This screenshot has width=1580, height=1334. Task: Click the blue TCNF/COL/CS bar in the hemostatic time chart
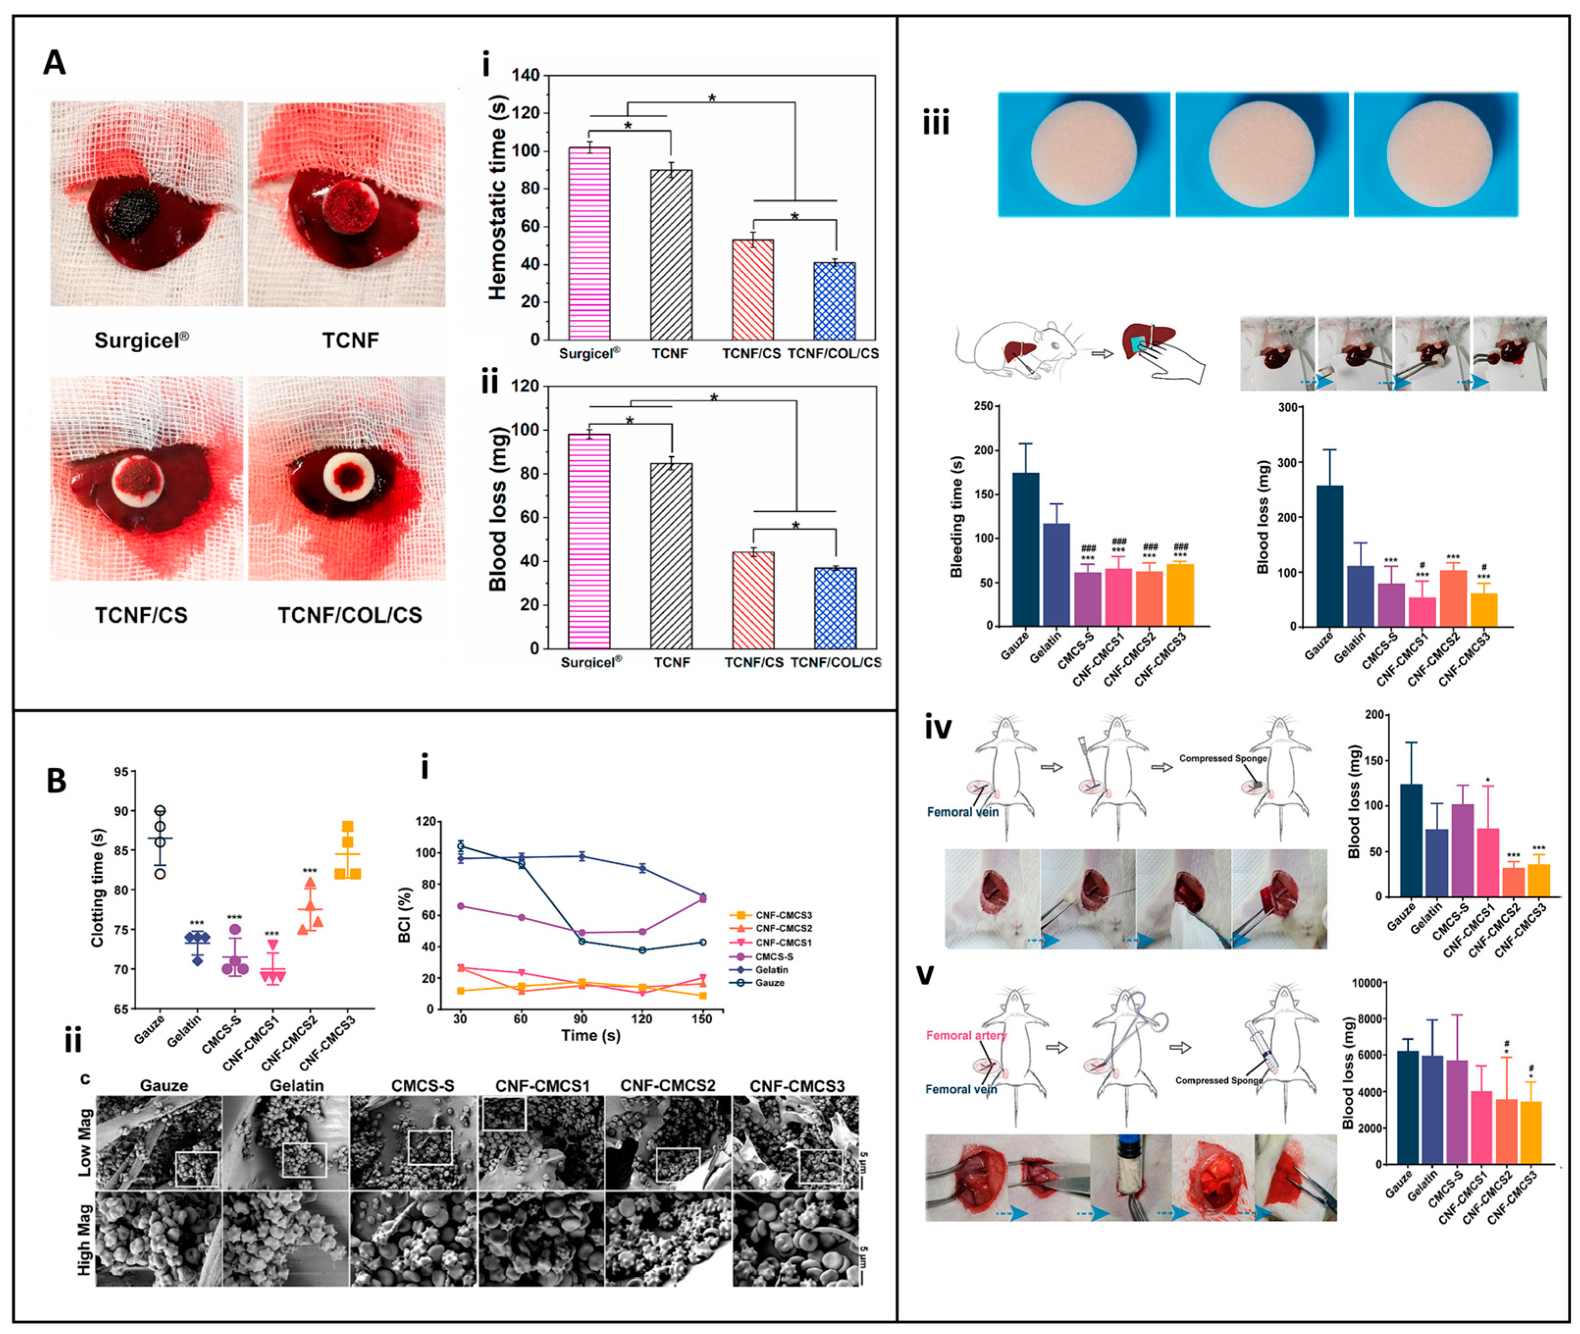[x=834, y=300]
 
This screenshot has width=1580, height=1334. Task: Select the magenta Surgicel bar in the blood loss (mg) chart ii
[x=589, y=541]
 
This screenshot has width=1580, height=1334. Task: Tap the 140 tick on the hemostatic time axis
[x=525, y=75]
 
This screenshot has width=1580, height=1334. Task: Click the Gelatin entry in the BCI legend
[x=771, y=969]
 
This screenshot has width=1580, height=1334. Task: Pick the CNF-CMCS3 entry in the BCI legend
[x=783, y=915]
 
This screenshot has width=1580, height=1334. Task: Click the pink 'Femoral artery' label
[x=965, y=1035]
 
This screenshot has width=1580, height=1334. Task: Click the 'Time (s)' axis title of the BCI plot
[x=591, y=1035]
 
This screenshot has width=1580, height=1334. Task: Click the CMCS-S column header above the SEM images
[x=423, y=1086]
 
